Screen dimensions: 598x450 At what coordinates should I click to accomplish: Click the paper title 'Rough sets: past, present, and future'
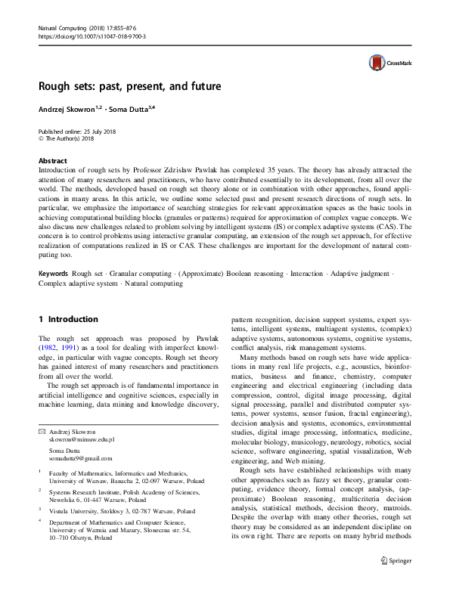click(130, 86)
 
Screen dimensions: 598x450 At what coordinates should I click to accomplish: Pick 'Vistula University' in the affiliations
click(76, 510)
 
